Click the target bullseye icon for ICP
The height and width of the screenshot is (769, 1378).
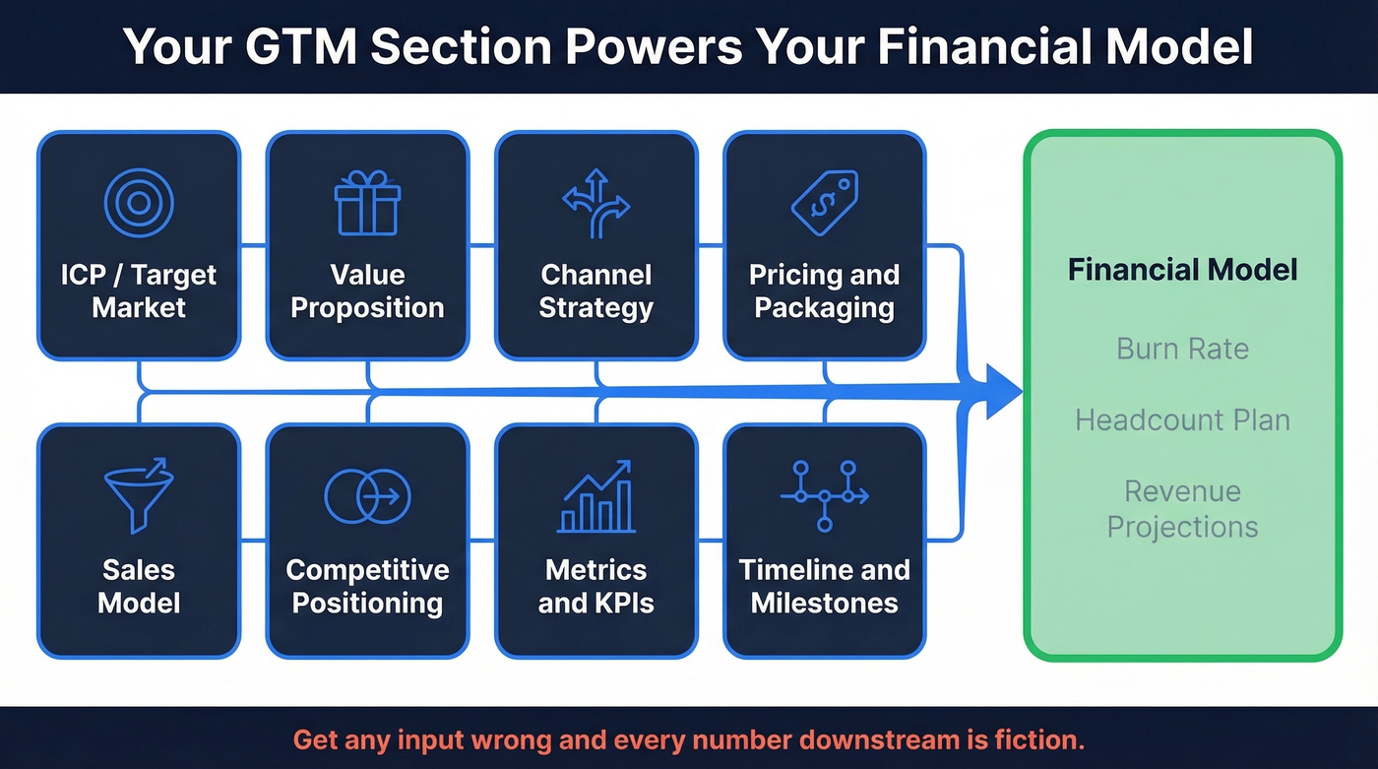pyautogui.click(x=139, y=204)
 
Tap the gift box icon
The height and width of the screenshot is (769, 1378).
pyautogui.click(x=367, y=204)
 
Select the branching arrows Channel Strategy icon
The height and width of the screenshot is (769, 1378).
pyautogui.click(x=595, y=204)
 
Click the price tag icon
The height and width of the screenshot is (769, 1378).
pyautogui.click(x=824, y=202)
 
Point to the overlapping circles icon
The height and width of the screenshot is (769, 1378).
pyautogui.click(x=367, y=496)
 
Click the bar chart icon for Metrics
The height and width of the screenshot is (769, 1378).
pyautogui.click(x=595, y=497)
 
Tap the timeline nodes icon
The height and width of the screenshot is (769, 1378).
pyautogui.click(x=824, y=496)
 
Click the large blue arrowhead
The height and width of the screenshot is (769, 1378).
pyautogui.click(x=996, y=392)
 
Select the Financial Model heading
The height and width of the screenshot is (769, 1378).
pyautogui.click(x=1182, y=270)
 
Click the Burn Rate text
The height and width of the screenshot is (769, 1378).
pyautogui.click(x=1182, y=349)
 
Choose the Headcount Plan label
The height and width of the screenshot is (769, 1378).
pyautogui.click(x=1182, y=420)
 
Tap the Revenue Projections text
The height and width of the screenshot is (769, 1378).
pyautogui.click(x=1182, y=508)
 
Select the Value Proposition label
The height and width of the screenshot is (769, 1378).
pyautogui.click(x=367, y=290)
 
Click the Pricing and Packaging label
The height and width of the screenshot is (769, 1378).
pyautogui.click(x=824, y=290)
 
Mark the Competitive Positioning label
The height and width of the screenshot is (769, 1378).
pyautogui.click(x=367, y=586)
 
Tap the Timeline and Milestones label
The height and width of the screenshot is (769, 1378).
pyautogui.click(x=824, y=586)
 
